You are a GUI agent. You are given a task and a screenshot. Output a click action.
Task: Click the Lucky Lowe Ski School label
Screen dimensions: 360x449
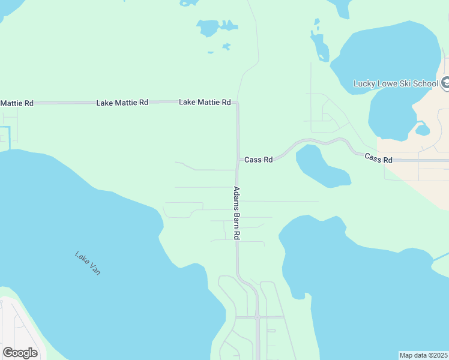396,83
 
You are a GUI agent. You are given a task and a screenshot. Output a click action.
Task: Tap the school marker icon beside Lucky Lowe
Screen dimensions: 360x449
445,83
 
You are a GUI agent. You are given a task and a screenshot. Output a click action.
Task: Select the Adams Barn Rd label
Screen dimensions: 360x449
237,214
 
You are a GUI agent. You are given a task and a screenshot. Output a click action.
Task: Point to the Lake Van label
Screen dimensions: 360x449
88,263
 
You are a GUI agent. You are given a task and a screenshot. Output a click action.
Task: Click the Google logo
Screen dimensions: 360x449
20,352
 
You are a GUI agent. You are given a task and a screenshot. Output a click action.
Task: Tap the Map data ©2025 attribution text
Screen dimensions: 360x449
423,355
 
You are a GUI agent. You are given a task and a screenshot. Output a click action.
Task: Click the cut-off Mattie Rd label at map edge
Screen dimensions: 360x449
16,103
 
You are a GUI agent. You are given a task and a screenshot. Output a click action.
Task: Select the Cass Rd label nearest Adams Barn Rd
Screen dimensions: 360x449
259,160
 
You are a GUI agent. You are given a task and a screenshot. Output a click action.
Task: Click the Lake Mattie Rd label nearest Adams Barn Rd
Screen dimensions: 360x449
205,103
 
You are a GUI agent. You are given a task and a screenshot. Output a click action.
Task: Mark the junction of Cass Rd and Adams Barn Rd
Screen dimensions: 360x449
237,160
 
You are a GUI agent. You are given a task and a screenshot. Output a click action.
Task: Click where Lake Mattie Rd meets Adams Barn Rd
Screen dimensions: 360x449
237,103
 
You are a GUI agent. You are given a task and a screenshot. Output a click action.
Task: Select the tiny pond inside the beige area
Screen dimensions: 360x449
423,130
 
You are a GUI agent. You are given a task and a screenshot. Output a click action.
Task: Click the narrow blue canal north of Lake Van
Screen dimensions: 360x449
10,136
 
